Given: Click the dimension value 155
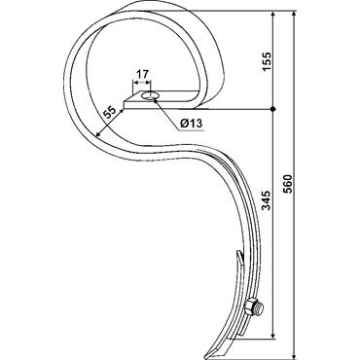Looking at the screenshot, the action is [x=267, y=61].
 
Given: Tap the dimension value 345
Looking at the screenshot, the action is [x=267, y=200].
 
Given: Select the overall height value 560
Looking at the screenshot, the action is [x=287, y=184].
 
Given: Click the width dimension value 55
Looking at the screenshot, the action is [x=109, y=113].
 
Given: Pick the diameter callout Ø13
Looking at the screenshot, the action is [x=191, y=124].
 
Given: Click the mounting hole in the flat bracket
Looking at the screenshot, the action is [x=150, y=96].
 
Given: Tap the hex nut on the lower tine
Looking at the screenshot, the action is [x=249, y=306].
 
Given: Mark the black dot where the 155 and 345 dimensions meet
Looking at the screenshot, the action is [x=273, y=109].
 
